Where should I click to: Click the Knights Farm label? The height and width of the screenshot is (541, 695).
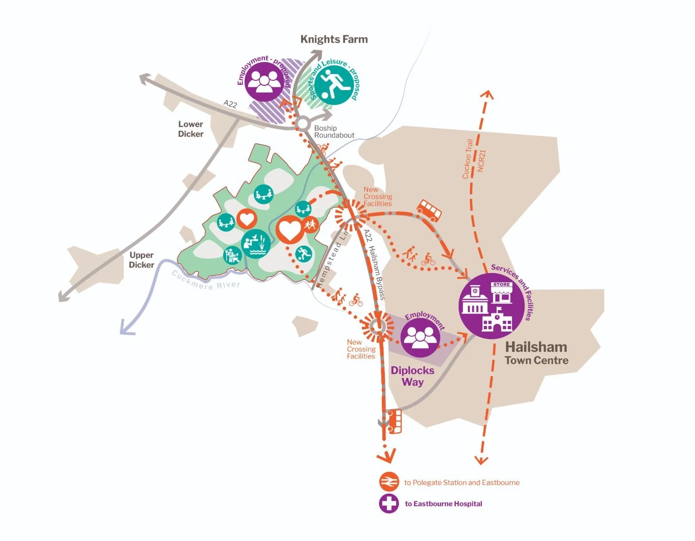[334, 39]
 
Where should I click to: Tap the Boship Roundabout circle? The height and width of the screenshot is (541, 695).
[303, 124]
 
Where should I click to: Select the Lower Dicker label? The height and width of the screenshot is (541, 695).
[191, 129]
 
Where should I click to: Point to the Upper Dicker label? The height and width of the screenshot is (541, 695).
[141, 260]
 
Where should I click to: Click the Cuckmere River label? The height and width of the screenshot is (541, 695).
[206, 280]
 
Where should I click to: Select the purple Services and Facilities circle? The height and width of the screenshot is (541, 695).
[492, 306]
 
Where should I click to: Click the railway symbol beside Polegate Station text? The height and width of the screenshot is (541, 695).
[389, 482]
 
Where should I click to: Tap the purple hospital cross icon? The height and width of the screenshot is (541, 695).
[389, 503]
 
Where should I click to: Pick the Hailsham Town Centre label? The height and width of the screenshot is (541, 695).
[536, 353]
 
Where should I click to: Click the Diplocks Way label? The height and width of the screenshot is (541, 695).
[412, 376]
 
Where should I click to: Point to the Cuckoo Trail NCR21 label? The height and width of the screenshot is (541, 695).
[474, 158]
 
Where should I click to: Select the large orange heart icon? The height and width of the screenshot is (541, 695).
[290, 229]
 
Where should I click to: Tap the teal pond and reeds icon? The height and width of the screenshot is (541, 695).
[256, 244]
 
